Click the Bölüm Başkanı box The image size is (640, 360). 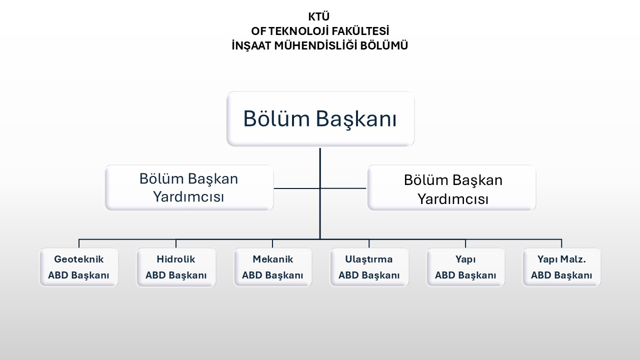(x=320, y=119)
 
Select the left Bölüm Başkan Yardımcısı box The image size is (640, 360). (x=189, y=188)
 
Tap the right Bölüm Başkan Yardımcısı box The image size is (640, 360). (x=451, y=188)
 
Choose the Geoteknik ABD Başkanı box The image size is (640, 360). (x=79, y=267)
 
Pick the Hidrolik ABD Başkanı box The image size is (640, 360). (x=176, y=267)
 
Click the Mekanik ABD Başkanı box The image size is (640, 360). (x=272, y=267)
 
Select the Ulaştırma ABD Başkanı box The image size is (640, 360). (x=369, y=267)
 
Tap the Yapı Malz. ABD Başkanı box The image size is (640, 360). (x=561, y=267)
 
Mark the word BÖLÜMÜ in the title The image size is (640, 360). (x=386, y=45)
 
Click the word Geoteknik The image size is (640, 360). (x=79, y=259)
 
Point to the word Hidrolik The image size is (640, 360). (x=176, y=259)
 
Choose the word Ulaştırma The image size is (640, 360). (x=369, y=259)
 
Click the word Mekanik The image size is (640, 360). (x=272, y=259)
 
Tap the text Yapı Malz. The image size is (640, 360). (x=561, y=259)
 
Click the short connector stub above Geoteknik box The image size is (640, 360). (x=79, y=243)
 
